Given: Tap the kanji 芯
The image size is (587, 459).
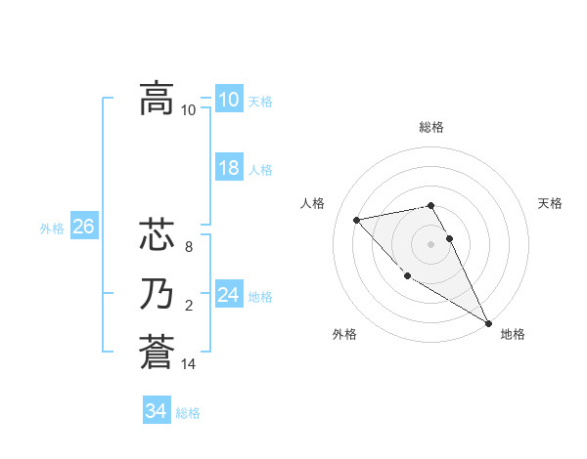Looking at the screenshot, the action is point(157,235).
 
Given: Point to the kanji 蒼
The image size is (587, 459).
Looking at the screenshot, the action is point(157,350).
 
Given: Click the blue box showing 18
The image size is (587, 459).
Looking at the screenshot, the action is point(229,168).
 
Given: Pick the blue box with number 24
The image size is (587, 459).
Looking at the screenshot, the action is point(229,294).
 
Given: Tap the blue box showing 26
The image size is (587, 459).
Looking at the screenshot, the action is point(83,227).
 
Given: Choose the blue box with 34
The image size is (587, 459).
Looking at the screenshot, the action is point(156,411).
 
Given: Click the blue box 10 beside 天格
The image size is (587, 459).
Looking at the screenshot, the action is point(229,100).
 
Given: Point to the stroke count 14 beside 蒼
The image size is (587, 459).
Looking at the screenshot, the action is point(189,363).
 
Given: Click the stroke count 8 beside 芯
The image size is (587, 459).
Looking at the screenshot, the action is point(189,248).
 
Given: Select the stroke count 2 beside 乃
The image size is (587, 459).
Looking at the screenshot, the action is point(189,306).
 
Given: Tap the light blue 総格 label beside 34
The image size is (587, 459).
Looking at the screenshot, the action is point(188,413).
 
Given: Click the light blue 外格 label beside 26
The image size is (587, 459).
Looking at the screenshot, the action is point(52,229).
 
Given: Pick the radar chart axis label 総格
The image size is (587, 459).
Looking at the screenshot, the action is point(431,127).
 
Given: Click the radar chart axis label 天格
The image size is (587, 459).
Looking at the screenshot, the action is point(550,203).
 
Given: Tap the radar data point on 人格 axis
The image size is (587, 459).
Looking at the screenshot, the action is point(357,220).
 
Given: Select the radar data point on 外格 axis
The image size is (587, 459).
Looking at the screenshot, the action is point(407,276).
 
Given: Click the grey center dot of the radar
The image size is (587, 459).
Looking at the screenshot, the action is point(431,243).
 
